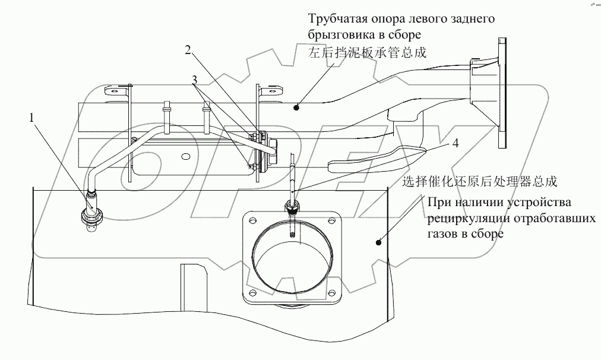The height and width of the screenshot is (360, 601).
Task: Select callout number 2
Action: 188,50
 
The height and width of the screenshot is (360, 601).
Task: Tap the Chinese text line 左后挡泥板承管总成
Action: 368,53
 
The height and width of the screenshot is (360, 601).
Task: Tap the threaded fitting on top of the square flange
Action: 292,205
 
